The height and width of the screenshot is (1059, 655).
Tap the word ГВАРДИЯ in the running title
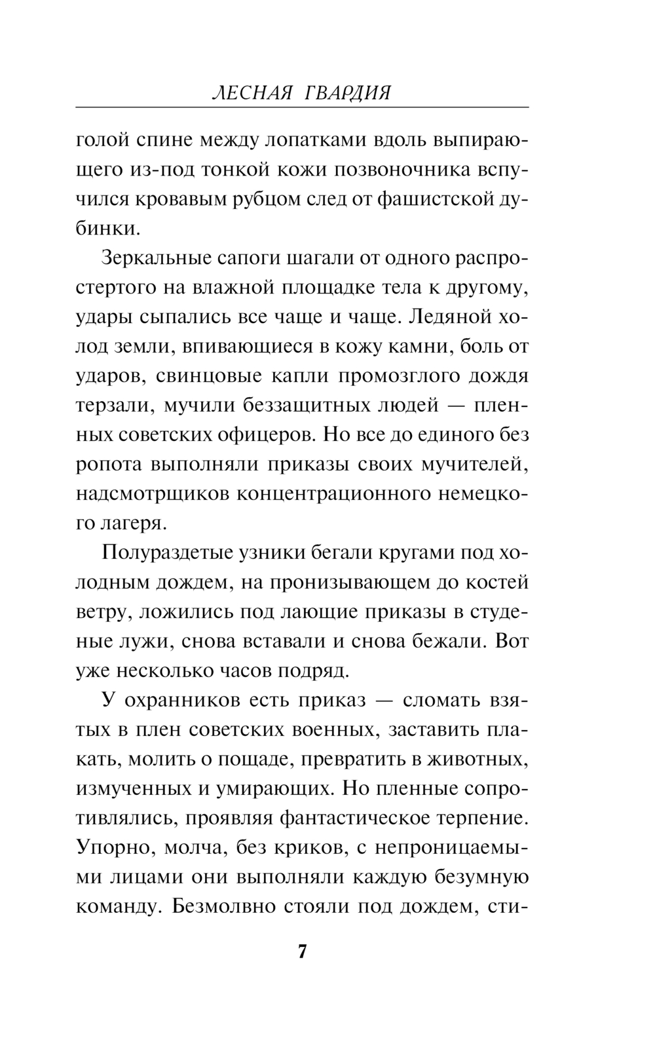[x=348, y=92]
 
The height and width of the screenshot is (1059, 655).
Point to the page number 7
[x=302, y=951]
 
